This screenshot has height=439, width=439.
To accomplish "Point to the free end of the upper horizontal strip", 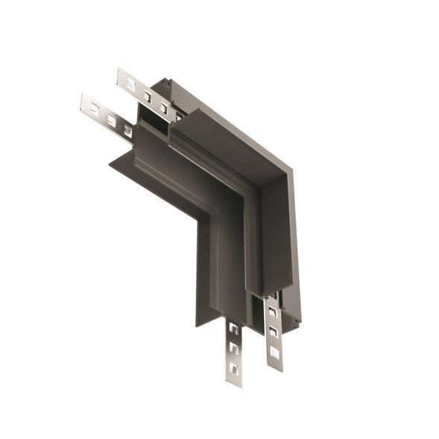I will [x=120, y=75].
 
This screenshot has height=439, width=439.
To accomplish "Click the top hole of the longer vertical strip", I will [x=234, y=327].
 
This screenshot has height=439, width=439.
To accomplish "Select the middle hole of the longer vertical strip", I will [x=234, y=347].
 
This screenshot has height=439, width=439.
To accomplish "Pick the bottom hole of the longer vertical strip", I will [x=234, y=367].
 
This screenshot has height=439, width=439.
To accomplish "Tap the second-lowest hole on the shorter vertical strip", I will [x=274, y=332].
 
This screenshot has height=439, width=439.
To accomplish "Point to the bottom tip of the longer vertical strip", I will [x=234, y=383].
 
